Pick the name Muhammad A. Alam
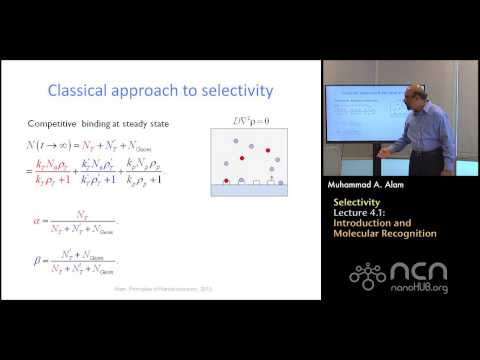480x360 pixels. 370,185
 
